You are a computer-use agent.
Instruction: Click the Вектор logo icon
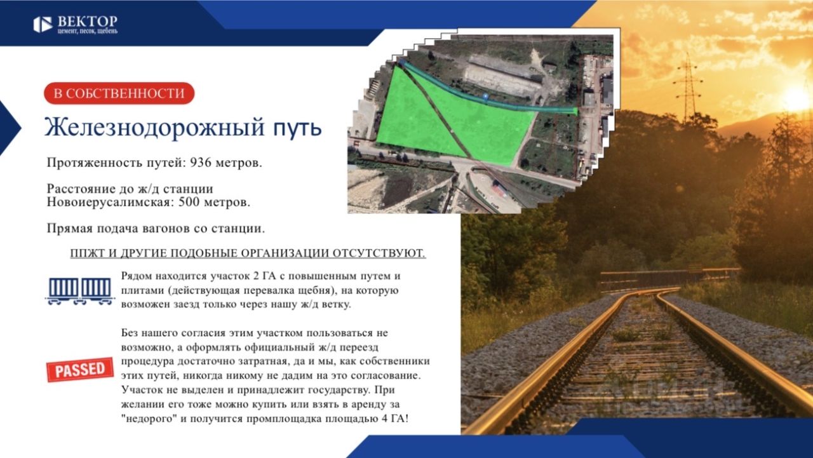[x=43, y=25]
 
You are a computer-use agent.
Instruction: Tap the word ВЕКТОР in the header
[x=88, y=21]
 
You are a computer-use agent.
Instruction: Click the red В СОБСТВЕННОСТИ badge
[x=119, y=93]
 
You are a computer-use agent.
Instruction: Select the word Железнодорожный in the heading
[x=155, y=128]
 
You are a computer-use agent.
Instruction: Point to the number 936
[x=201, y=162]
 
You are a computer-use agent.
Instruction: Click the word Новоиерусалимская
[x=111, y=202]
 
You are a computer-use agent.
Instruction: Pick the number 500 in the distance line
[x=189, y=202]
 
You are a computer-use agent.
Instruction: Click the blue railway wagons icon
[x=80, y=291]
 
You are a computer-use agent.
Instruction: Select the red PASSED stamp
[x=80, y=370]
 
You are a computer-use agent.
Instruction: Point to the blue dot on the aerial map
[x=486, y=96]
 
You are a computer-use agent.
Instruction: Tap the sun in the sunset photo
[x=798, y=98]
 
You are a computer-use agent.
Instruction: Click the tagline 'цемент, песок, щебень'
[x=88, y=31]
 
